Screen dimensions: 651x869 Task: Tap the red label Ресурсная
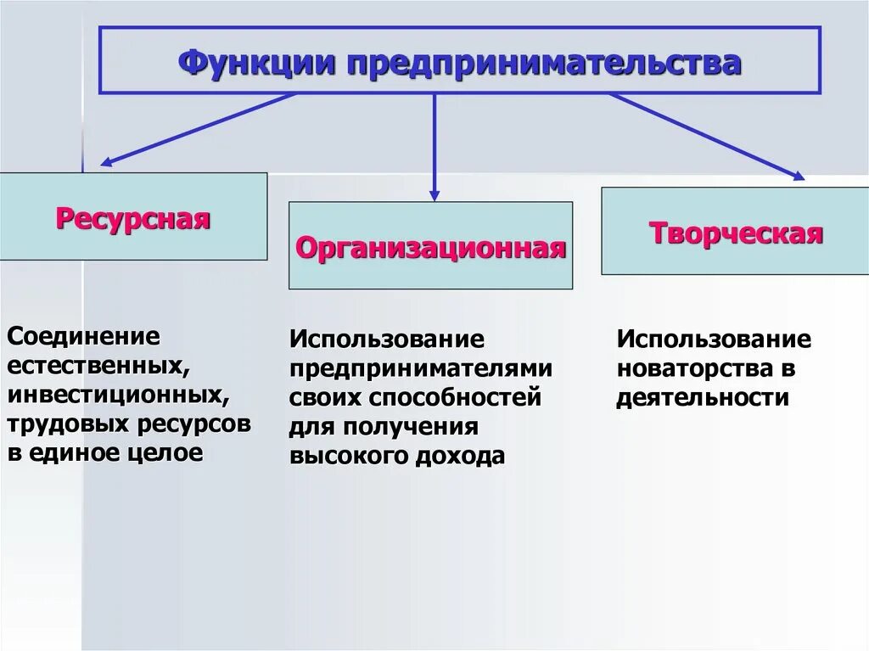[x=133, y=219]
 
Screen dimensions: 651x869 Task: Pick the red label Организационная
[x=430, y=247]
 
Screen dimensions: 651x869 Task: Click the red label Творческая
[x=736, y=233]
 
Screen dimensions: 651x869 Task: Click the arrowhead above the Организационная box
[x=434, y=194]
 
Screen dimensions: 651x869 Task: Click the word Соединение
[x=83, y=336]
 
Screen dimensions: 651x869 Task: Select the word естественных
[x=96, y=366]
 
